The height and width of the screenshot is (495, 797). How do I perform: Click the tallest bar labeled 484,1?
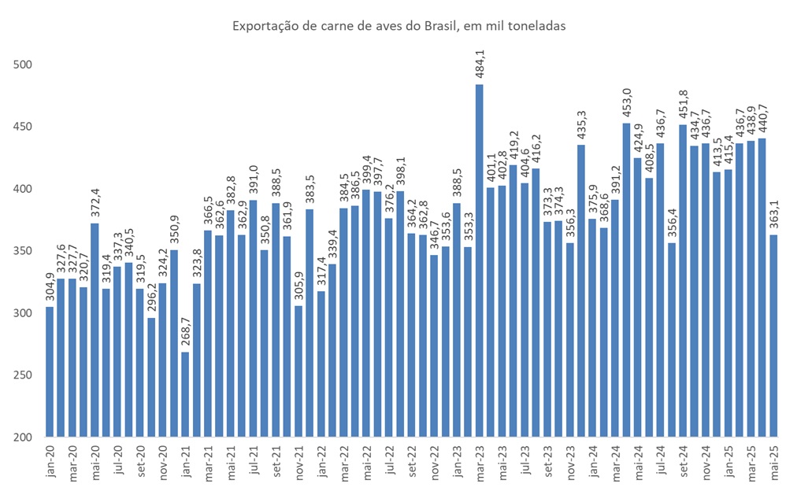tap(479, 260)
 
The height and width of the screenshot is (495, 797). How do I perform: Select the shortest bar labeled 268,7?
tap(184, 393)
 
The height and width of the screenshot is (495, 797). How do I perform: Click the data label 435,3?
tap(581, 124)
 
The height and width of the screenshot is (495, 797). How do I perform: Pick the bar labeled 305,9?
tap(298, 371)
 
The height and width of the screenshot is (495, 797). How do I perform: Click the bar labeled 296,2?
tap(151, 377)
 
